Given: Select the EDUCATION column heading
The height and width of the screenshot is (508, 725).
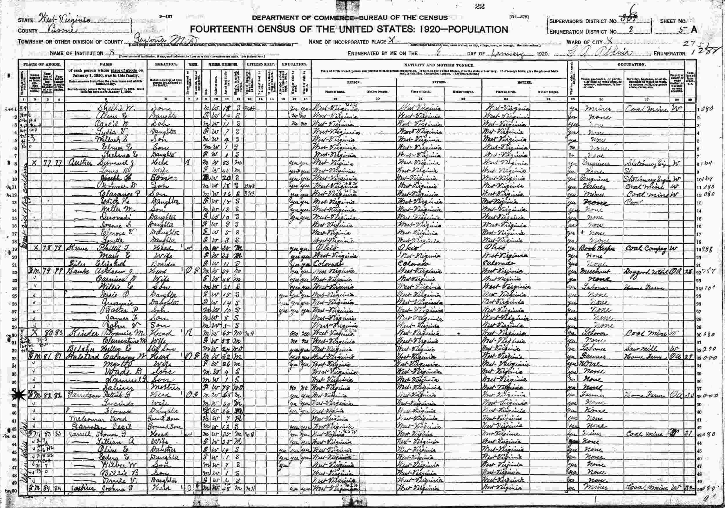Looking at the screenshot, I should (x=295, y=64).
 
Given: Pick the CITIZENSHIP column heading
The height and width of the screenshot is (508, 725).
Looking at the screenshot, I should (x=261, y=64).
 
